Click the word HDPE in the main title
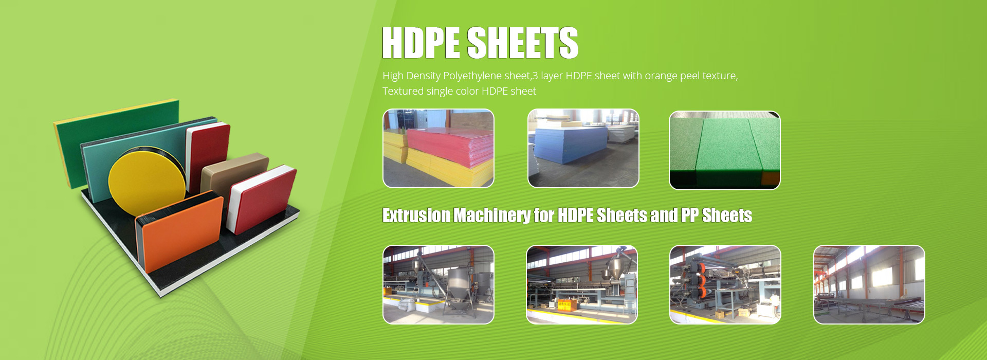point(421,43)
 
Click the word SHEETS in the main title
point(523,43)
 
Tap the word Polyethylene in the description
point(472,76)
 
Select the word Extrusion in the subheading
point(416,215)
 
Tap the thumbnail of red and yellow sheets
point(438,148)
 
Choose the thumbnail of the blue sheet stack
point(583,148)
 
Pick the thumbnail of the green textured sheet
point(725,150)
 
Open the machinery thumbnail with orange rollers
point(725,284)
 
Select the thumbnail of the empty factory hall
point(869,284)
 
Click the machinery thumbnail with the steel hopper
point(438,284)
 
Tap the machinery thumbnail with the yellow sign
point(582,284)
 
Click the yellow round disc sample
point(147,182)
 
